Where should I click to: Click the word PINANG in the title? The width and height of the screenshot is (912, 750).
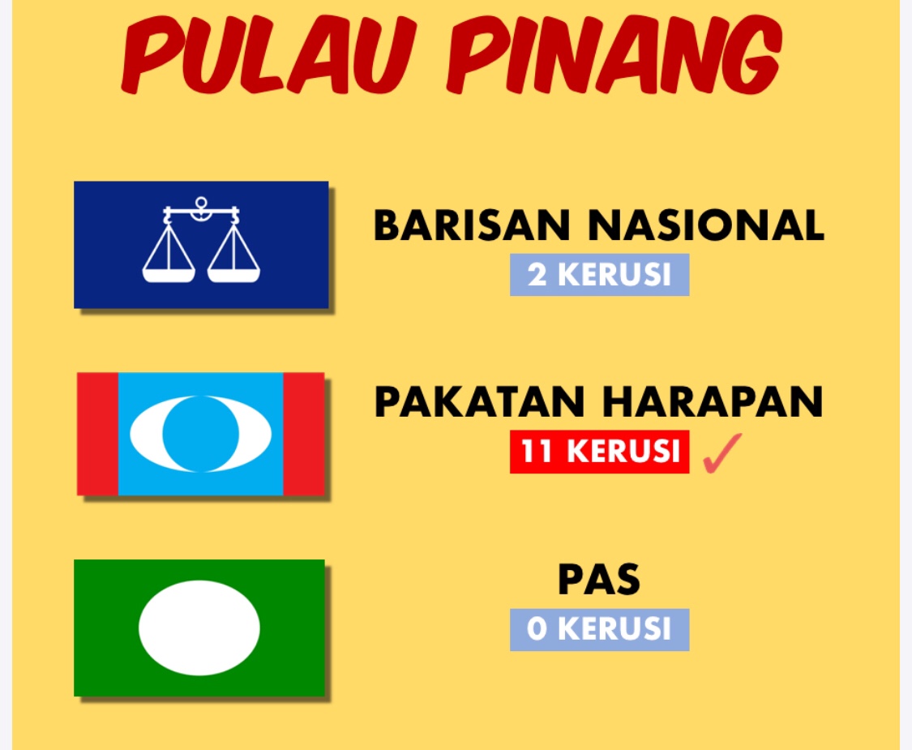(x=614, y=54)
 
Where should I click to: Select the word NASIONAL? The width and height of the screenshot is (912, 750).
(x=706, y=225)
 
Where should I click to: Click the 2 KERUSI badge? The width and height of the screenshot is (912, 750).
(x=600, y=275)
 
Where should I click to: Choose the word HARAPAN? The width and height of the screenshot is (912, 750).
(x=713, y=401)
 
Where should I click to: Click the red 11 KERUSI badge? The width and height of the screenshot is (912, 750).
(x=600, y=452)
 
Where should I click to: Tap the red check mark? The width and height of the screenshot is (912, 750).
(x=721, y=452)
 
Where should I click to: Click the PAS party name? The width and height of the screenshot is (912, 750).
(x=599, y=580)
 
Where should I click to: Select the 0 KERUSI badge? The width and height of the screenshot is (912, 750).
(x=600, y=629)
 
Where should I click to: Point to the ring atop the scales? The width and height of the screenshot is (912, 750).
(x=201, y=203)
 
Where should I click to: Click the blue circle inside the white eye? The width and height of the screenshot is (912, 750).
(x=201, y=434)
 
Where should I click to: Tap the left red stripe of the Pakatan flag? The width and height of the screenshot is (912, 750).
(x=98, y=434)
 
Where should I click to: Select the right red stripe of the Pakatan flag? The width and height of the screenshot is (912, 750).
(x=304, y=434)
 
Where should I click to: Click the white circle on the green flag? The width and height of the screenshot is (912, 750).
(x=199, y=628)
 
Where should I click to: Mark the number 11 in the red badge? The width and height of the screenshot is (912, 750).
(x=536, y=452)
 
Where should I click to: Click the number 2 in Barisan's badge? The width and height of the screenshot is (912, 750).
(x=537, y=275)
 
